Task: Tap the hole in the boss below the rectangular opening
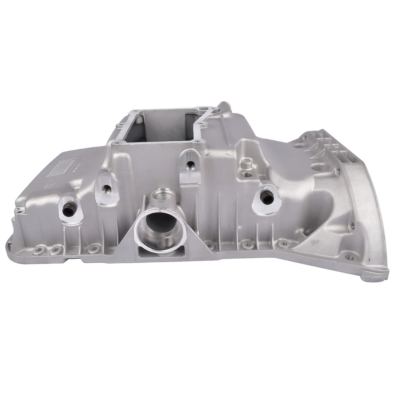190,165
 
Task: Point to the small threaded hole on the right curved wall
351,225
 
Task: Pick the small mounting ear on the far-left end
18,212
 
